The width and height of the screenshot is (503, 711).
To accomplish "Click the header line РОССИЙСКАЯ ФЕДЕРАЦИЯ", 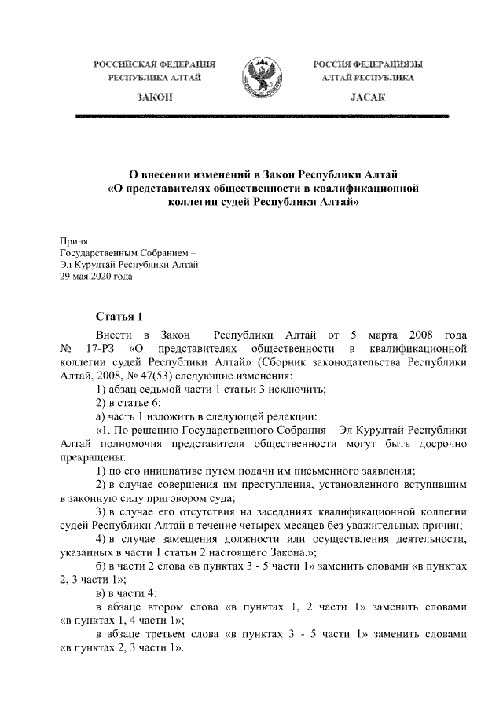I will point(155,63).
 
